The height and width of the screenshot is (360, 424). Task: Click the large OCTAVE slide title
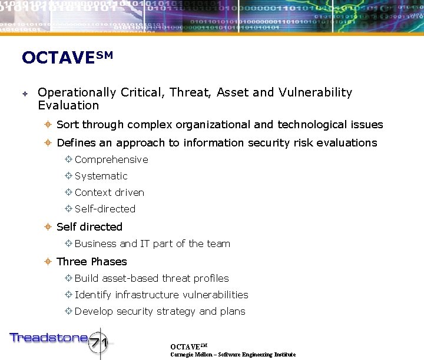coord(66,58)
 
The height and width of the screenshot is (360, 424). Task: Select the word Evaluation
coord(68,106)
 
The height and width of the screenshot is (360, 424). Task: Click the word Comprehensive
coord(111,160)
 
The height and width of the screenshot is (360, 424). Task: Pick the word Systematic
coord(101,176)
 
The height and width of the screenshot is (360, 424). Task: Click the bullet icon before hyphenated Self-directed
coord(68,209)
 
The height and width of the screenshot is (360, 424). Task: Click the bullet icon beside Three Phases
coord(49,262)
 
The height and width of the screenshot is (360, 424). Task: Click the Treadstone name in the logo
coord(48,338)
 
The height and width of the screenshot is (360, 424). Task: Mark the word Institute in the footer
coord(283,355)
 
